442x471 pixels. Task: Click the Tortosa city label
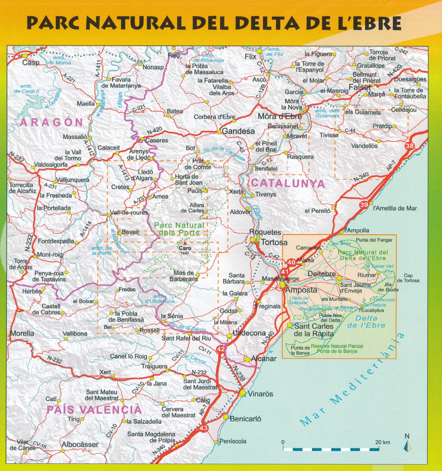(x=274, y=242)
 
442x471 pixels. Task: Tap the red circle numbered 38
(x=410, y=146)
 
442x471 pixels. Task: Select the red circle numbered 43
(x=204, y=428)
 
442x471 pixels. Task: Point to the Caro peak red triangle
(x=185, y=243)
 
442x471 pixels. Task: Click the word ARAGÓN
(x=51, y=122)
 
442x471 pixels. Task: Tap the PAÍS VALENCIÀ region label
(x=94, y=410)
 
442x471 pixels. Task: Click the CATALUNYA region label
(x=288, y=183)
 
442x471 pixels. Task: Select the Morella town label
(x=22, y=333)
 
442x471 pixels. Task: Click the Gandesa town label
(x=238, y=131)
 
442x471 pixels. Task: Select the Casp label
(x=31, y=63)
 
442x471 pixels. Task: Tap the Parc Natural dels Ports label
(x=179, y=229)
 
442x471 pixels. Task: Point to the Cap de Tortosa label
(x=408, y=278)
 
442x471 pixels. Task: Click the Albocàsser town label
(x=80, y=444)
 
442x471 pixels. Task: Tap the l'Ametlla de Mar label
(x=395, y=208)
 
